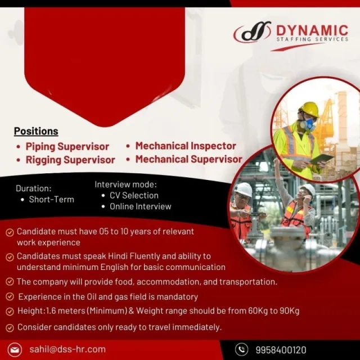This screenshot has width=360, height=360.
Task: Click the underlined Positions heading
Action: (x=36, y=131)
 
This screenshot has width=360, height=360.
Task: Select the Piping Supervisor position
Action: (x=67, y=147)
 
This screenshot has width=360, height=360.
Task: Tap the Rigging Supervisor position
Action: (x=70, y=160)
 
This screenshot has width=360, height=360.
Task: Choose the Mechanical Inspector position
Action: (x=186, y=146)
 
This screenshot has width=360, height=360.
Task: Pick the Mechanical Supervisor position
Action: (x=189, y=159)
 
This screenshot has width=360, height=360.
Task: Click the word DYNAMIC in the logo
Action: (x=312, y=30)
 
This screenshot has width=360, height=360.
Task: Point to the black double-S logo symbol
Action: (x=253, y=31)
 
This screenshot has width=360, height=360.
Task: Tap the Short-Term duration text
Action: (x=51, y=200)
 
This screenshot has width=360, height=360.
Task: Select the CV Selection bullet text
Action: (x=134, y=196)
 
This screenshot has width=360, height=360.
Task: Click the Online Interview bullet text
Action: (x=141, y=206)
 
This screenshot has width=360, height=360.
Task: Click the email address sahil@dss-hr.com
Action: (x=67, y=349)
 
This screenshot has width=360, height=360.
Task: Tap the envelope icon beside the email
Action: (x=15, y=350)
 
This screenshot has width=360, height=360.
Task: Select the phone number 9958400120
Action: (x=281, y=350)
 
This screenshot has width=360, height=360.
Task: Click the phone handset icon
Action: (x=241, y=349)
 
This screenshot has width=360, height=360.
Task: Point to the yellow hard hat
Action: (x=309, y=109)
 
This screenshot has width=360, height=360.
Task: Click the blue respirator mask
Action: (x=307, y=124)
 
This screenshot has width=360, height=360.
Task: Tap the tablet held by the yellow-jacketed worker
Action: (x=322, y=159)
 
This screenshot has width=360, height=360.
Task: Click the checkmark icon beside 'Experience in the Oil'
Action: (x=10, y=297)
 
